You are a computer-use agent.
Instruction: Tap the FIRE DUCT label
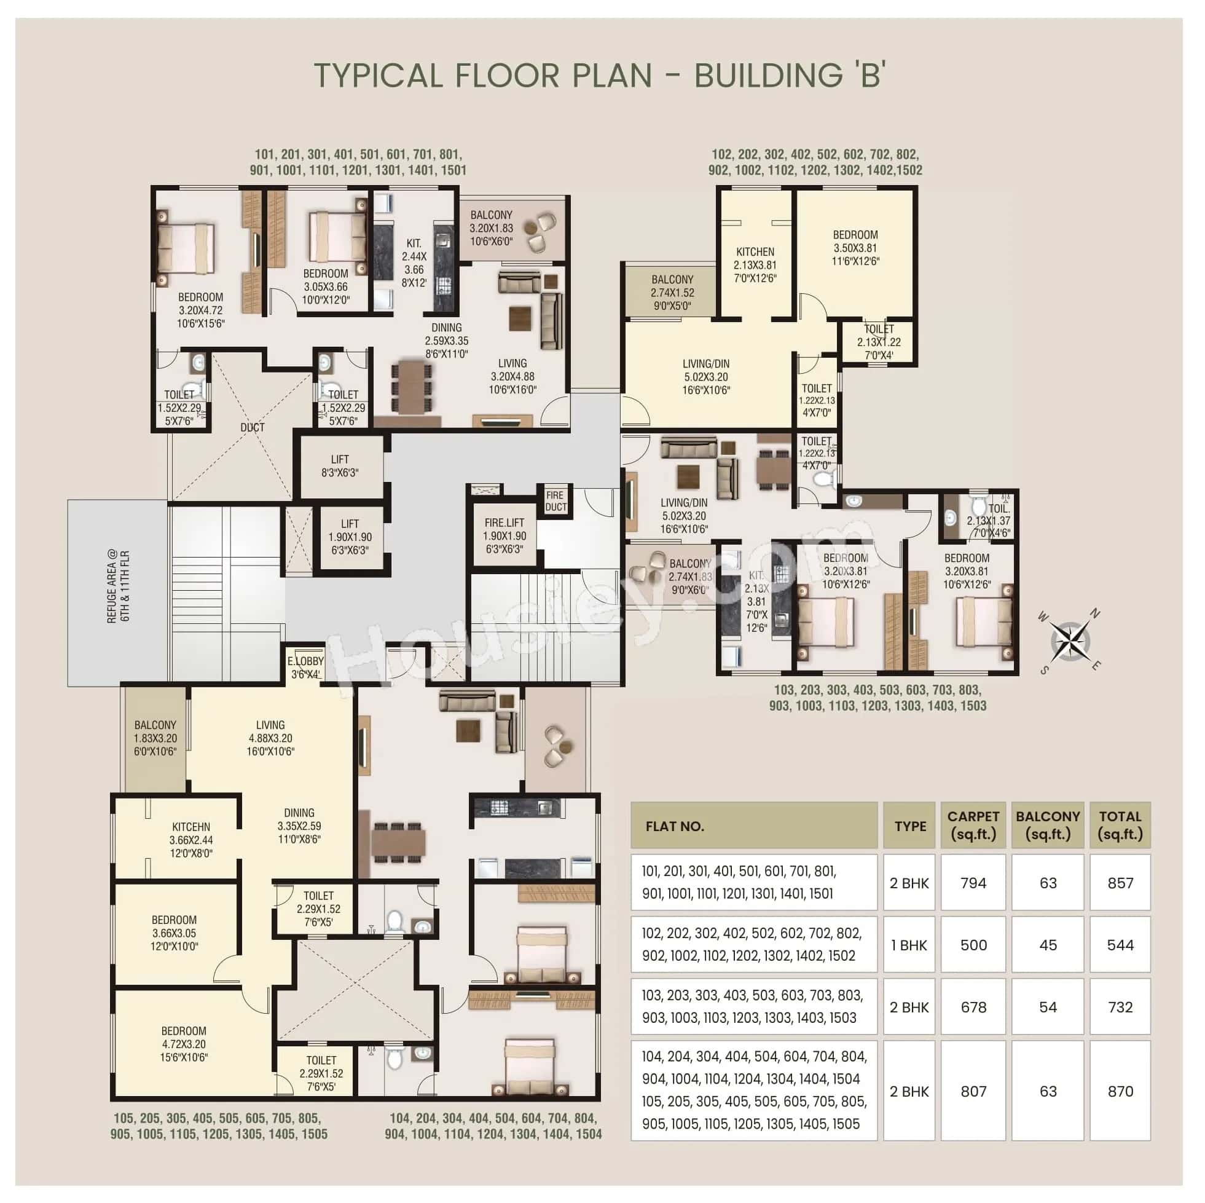coord(554,501)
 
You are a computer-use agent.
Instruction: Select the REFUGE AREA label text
coord(119,586)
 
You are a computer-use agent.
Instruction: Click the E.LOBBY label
coord(305,667)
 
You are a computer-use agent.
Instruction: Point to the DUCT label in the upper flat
coord(252,427)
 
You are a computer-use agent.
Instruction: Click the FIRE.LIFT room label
coord(504,535)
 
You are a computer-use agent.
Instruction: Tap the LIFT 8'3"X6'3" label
coord(340,466)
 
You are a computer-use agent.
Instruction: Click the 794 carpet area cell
coord(973,883)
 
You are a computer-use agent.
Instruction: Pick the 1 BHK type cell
coord(909,945)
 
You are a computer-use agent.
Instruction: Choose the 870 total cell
coord(1120,1091)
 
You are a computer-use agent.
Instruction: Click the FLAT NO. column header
coord(675,826)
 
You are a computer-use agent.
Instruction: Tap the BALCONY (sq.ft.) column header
coord(1048,825)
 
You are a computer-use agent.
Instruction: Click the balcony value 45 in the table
coord(1048,945)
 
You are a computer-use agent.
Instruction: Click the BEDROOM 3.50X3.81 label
coord(855,248)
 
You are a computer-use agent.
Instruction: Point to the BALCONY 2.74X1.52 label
coord(672,293)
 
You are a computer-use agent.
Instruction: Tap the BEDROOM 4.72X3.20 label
coord(183,1044)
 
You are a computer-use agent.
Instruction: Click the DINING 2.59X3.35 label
coord(447,341)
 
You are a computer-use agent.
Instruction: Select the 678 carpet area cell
coord(973,1007)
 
